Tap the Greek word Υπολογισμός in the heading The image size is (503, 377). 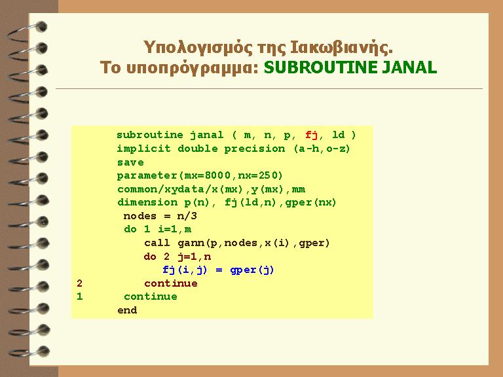[x=198, y=48]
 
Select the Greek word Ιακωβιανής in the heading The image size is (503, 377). [x=341, y=47]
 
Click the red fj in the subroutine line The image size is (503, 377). [x=311, y=135]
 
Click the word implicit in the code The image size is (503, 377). [x=143, y=149]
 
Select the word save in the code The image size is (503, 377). [x=130, y=162]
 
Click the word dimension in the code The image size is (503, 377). [x=147, y=203]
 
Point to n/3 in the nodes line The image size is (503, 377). [x=187, y=216]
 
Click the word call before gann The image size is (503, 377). [x=157, y=243]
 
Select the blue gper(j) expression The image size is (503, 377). [x=252, y=270]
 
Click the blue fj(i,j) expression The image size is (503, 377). [x=185, y=270]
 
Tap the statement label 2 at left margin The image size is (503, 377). [x=79, y=283]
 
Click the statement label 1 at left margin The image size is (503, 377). [x=79, y=296]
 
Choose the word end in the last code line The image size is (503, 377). [x=127, y=310]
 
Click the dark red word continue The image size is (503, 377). [x=171, y=283]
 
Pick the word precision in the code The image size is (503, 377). [x=254, y=149]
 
